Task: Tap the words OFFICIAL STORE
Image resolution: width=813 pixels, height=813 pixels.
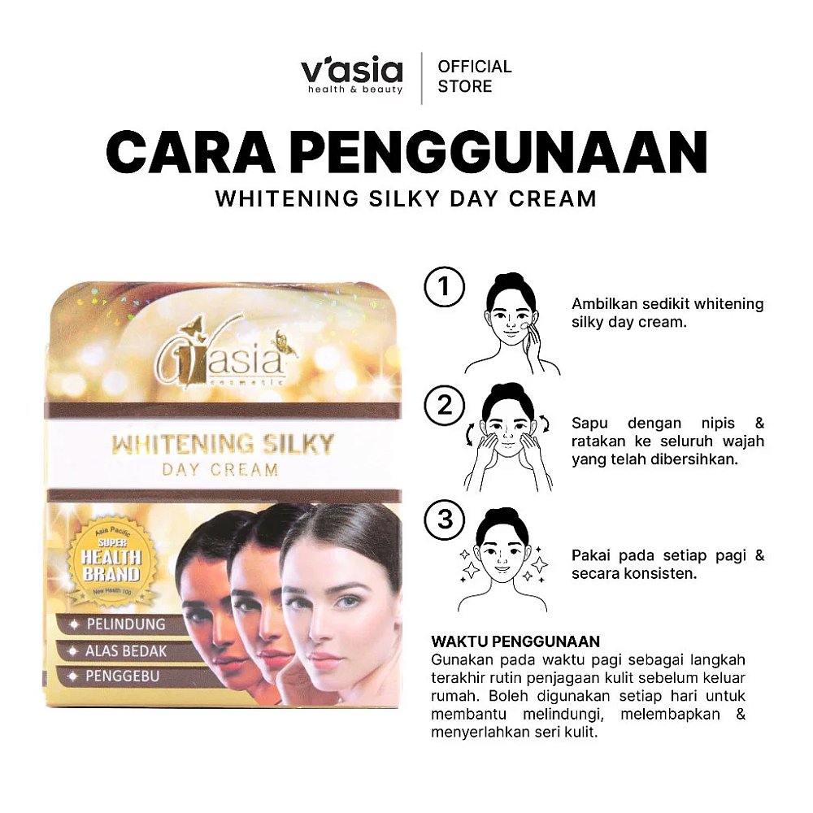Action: tap(475, 76)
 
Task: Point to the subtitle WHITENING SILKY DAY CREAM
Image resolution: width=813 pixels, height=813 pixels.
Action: tap(406, 198)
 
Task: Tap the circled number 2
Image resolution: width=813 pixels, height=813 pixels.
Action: tap(445, 405)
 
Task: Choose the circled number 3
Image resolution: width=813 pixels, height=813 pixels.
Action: tap(445, 519)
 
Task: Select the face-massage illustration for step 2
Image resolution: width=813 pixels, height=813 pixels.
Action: tap(508, 436)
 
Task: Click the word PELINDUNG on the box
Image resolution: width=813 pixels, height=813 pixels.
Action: tap(125, 624)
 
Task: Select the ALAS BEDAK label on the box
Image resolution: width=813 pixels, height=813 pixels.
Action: tap(124, 650)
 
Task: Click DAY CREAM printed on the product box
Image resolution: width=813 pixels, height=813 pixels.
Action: tap(220, 469)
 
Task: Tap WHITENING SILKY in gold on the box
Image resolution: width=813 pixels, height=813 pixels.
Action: tap(223, 444)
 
